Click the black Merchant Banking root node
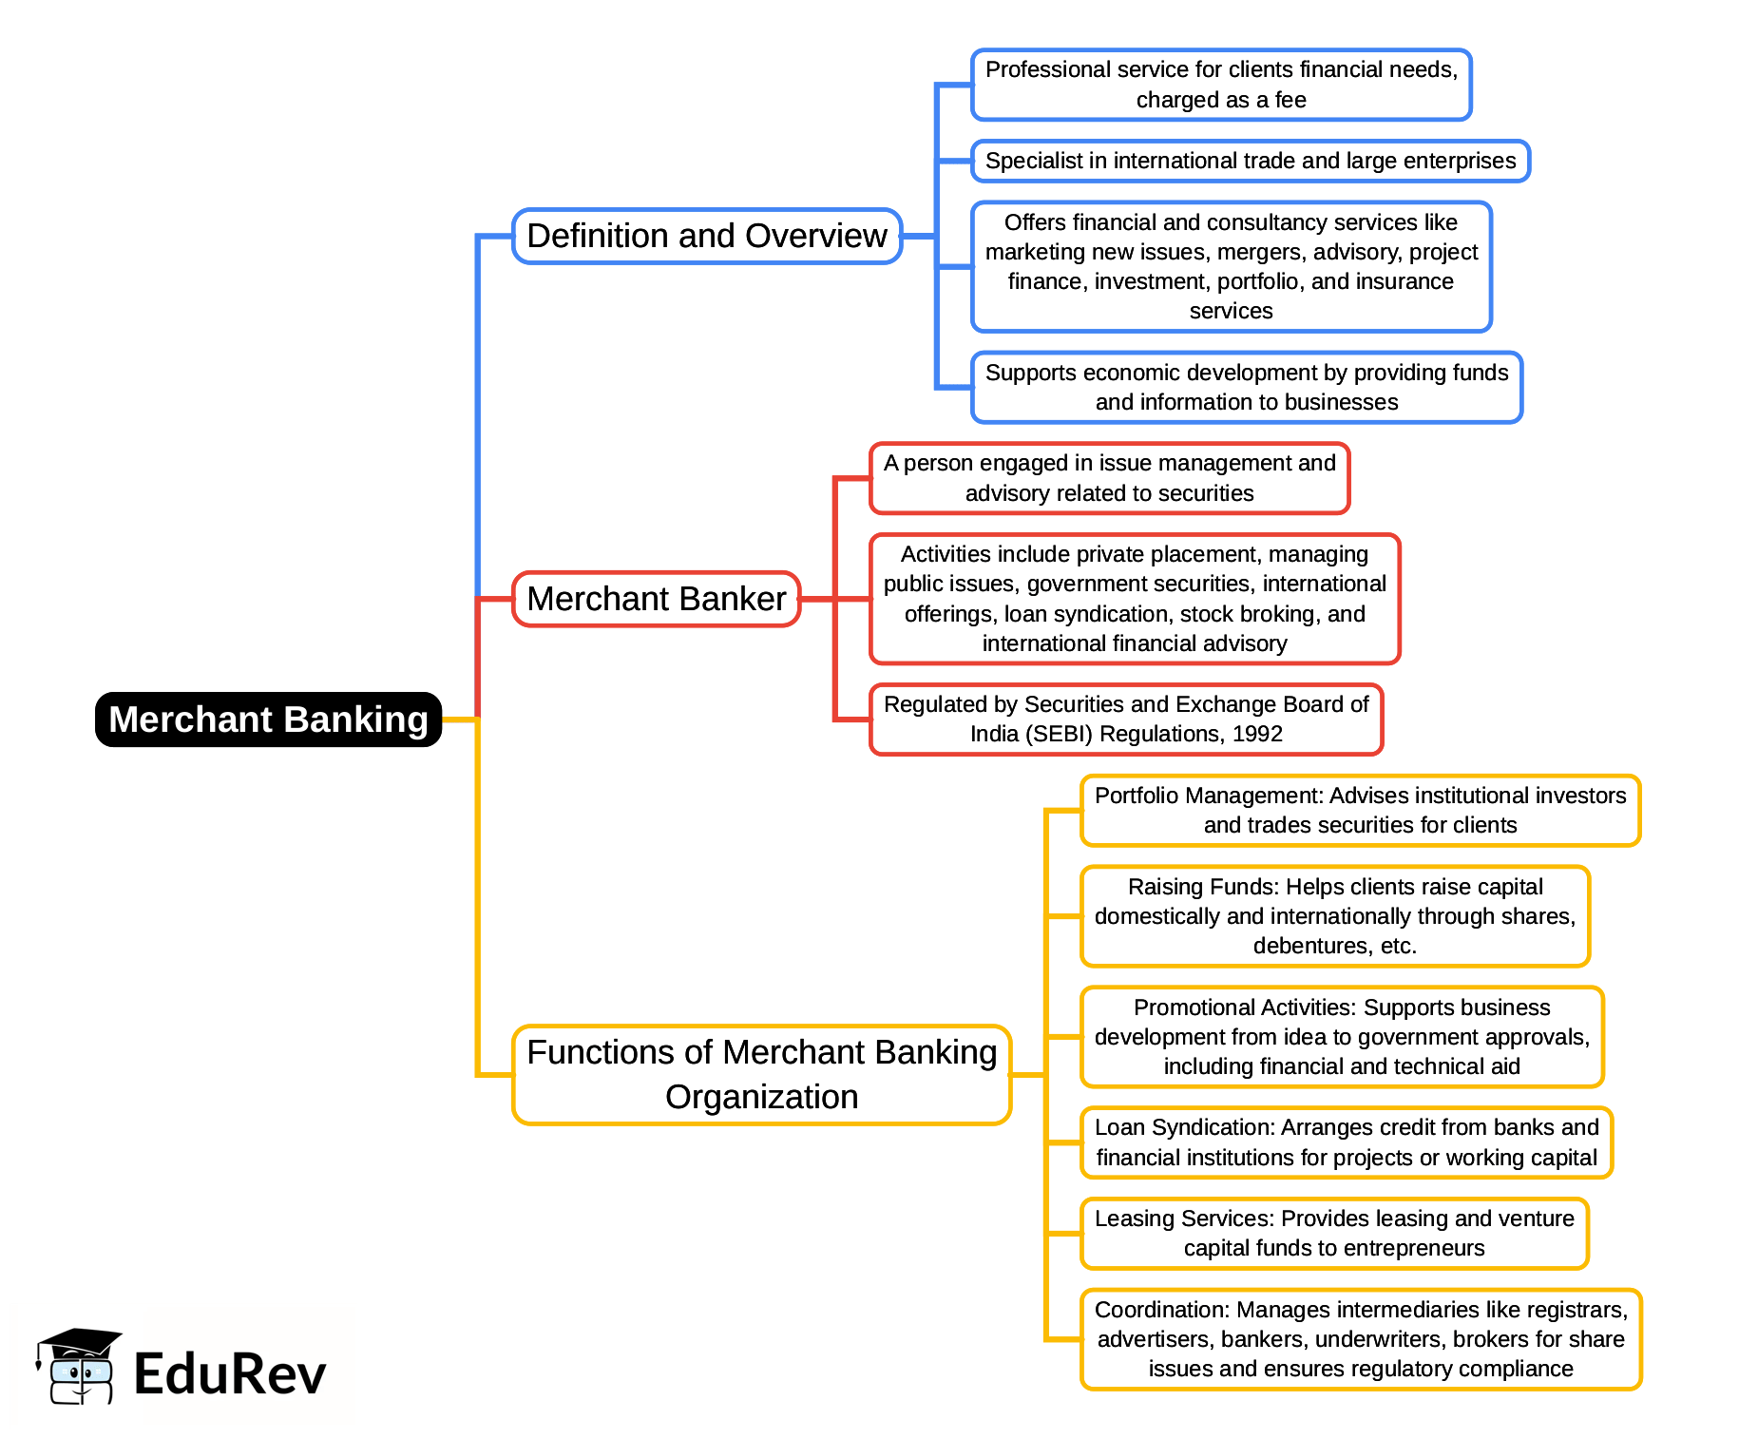(x=268, y=719)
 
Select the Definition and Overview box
(x=706, y=236)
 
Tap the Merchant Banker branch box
(x=656, y=599)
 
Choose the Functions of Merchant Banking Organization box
(x=761, y=1074)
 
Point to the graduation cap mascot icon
(x=78, y=1366)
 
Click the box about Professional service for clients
(x=1221, y=85)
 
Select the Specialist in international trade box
(x=1250, y=161)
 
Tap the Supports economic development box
(x=1246, y=387)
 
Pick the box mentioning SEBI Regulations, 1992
(x=1126, y=719)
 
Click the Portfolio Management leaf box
(x=1360, y=810)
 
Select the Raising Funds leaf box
(x=1334, y=915)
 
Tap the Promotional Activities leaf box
(x=1341, y=1036)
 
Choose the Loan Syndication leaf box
(x=1346, y=1142)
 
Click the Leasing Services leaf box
(x=1333, y=1233)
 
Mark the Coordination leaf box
(x=1360, y=1338)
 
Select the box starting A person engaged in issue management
(x=1109, y=477)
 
